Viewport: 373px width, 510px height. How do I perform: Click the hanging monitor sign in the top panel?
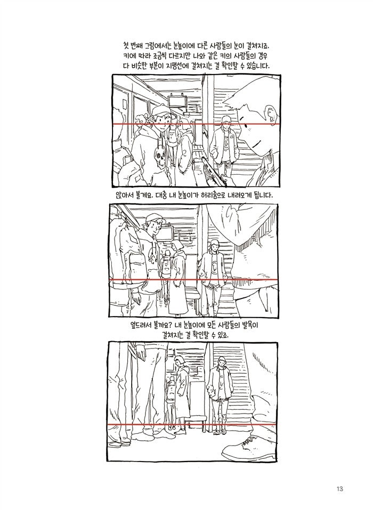click(176, 100)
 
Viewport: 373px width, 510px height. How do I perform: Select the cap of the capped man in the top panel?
click(159, 110)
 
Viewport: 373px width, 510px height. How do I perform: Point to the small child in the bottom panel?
click(170, 397)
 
